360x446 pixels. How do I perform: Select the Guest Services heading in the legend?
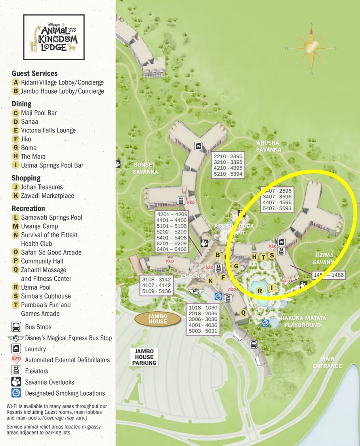[x=34, y=73]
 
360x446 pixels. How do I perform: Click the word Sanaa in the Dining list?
[x=30, y=122]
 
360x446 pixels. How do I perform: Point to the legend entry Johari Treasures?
[x=42, y=187]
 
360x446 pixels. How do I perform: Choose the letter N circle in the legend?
[x=16, y=235]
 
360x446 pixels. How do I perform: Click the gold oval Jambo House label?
[x=158, y=319]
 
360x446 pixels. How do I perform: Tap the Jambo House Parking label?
[x=144, y=357]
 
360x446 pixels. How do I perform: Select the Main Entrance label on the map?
[x=327, y=363]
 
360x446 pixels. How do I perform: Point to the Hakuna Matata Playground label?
[x=303, y=322]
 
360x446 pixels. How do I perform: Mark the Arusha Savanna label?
[x=268, y=146]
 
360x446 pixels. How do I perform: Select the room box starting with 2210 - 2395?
[x=228, y=165]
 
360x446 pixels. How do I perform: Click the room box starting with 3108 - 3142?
[x=156, y=285]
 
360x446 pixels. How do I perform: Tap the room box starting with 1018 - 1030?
[x=203, y=319]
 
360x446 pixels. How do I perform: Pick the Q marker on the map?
[x=244, y=312]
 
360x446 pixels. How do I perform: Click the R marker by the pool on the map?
[x=260, y=291]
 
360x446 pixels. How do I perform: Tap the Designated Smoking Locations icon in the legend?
[x=16, y=393]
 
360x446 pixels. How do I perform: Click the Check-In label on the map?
[x=194, y=276]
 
